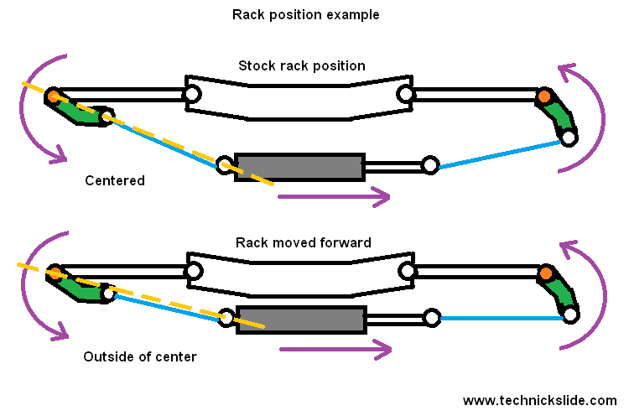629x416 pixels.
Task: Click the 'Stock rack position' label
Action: pos(301,65)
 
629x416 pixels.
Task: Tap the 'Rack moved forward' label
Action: pos(304,243)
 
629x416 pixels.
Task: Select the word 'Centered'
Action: pos(115,180)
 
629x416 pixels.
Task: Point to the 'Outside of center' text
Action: pos(140,356)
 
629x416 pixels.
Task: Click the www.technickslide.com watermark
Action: pos(539,400)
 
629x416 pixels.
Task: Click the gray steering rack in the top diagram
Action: pos(299,166)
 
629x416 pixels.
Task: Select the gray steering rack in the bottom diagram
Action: pos(301,320)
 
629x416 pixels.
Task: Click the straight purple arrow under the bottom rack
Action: pos(335,349)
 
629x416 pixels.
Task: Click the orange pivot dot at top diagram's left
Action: pos(54,96)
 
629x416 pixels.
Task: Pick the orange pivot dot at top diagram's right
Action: pos(545,97)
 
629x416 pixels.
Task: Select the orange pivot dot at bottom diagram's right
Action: pos(547,273)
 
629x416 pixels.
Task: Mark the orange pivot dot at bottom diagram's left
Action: pos(55,273)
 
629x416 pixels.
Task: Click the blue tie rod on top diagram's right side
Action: pos(500,154)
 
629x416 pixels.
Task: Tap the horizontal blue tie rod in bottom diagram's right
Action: pos(502,318)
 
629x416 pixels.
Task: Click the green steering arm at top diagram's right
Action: pos(559,118)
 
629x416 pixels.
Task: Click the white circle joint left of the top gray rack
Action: pos(225,165)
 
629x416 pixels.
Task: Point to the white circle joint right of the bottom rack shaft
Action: pos(432,319)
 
